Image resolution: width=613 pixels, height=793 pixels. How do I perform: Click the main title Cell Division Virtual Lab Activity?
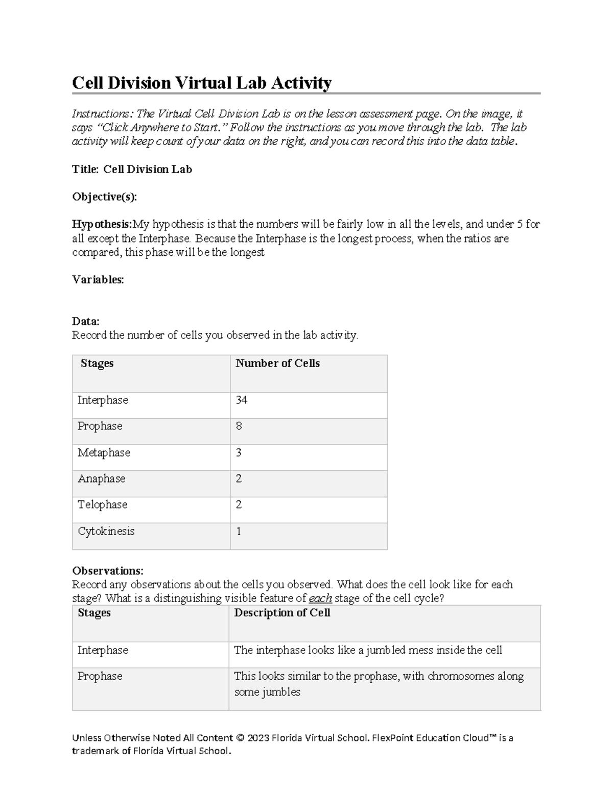202,82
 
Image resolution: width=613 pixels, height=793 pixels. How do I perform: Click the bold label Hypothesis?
102,224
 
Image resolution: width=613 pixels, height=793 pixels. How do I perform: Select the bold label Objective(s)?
104,197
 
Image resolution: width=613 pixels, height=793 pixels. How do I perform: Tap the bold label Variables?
98,279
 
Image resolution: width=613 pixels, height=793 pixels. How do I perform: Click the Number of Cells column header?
277,363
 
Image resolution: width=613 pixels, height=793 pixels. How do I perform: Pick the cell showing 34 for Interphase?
241,400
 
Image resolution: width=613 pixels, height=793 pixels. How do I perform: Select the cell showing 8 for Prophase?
239,426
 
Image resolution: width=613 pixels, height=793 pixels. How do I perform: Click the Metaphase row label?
104,452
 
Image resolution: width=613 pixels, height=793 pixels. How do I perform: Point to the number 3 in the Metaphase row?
239,452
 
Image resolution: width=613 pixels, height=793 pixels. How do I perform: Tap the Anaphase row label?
101,478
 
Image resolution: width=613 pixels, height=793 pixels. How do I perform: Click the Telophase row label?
102,504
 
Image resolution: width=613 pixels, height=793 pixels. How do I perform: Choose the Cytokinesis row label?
106,531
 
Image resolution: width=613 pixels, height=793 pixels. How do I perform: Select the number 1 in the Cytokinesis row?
239,531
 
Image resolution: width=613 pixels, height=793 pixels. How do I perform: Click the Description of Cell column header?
282,613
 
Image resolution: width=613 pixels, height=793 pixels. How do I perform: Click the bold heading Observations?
108,570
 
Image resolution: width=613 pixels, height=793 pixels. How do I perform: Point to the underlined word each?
320,598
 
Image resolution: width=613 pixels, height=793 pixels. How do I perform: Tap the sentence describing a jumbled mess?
368,650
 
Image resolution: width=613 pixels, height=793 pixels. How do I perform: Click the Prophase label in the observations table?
100,676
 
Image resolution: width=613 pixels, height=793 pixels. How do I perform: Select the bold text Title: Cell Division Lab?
132,169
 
